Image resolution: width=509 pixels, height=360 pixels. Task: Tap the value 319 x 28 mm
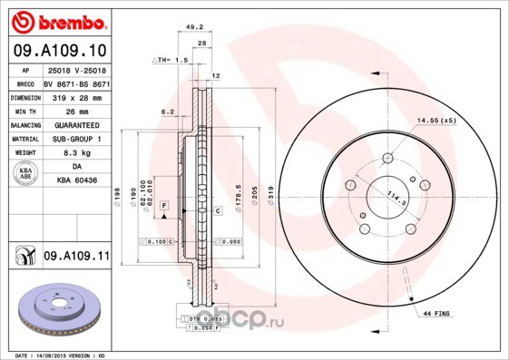tap(74, 96)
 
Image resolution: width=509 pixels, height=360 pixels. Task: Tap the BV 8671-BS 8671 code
tap(76, 83)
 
